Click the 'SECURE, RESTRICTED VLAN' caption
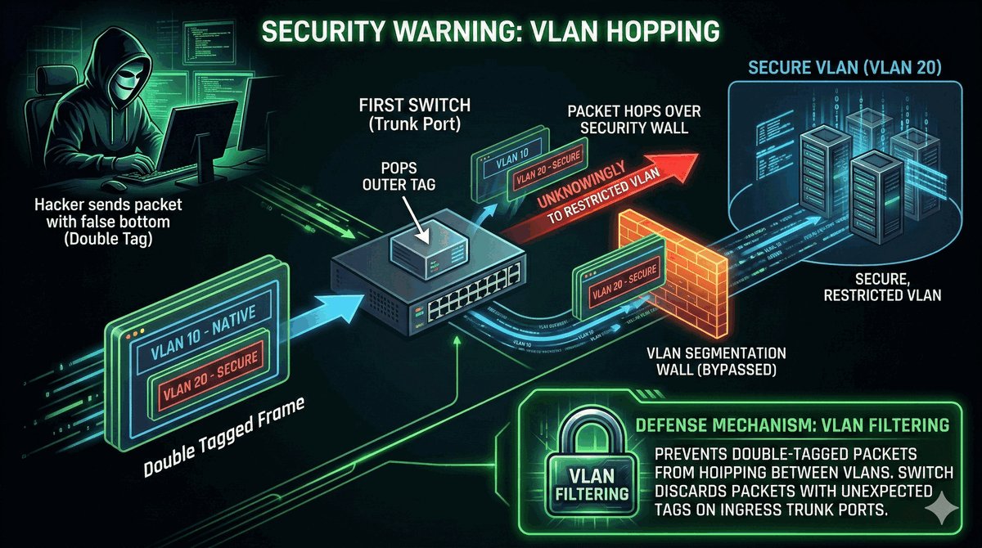click(x=879, y=287)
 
